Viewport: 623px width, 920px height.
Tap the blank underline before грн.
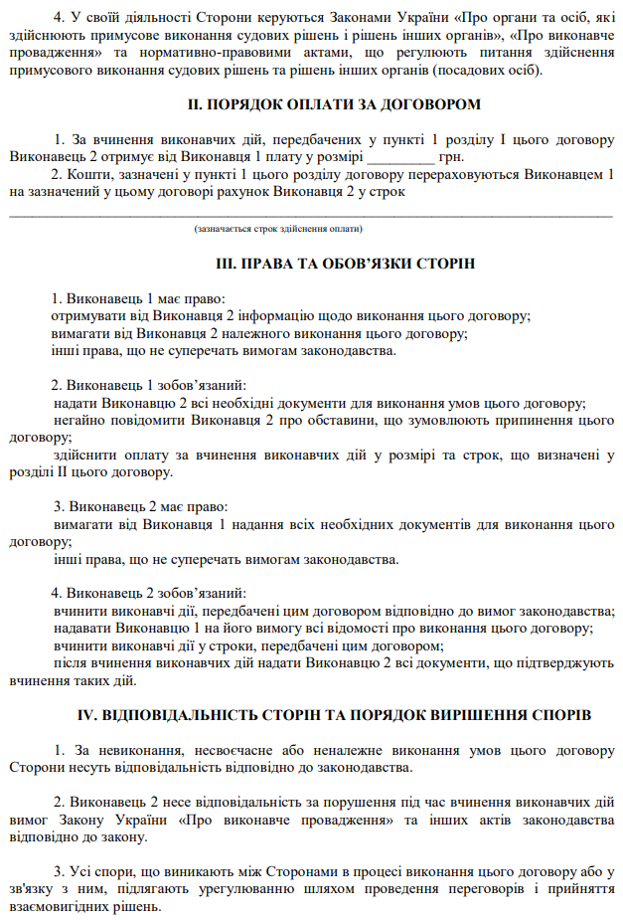(400, 157)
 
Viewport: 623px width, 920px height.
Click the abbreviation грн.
(452, 156)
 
